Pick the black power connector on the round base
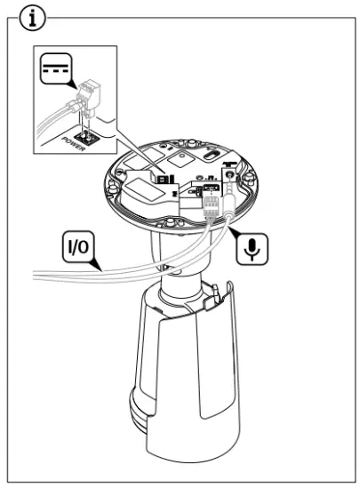tap(165, 177)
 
